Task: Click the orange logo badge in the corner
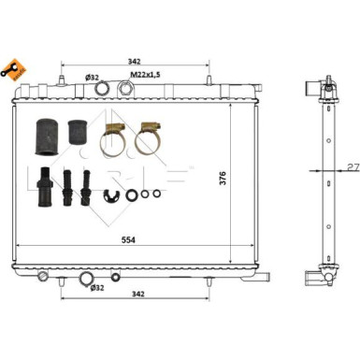pos(13,66)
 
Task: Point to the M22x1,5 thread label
pos(145,75)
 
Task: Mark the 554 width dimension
pos(129,241)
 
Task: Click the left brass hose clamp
pos(114,137)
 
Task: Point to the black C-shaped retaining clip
pos(113,194)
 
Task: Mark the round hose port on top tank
pos(104,89)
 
